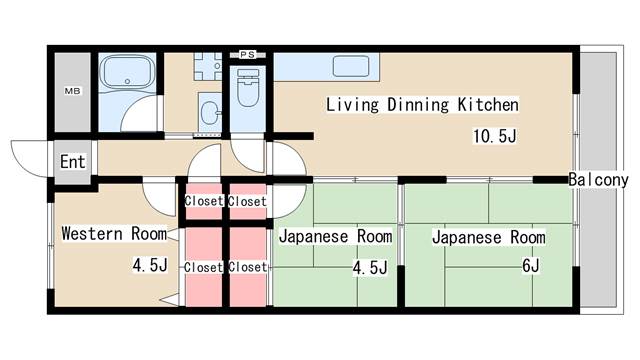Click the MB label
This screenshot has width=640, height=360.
(72, 91)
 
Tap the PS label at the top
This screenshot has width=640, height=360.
(247, 54)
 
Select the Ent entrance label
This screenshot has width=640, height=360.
(73, 162)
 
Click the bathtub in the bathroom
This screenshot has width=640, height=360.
(127, 72)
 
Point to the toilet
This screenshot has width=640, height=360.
(248, 87)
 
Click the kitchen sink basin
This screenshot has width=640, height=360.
(351, 66)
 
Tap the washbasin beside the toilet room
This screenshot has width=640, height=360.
(211, 113)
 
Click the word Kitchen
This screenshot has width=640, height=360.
(488, 104)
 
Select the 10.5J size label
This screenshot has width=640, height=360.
(495, 136)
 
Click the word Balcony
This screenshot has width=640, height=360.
(598, 180)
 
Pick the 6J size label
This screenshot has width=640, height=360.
(531, 266)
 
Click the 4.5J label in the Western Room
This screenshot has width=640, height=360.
(150, 265)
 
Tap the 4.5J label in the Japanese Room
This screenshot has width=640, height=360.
(370, 268)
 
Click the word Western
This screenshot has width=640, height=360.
(92, 233)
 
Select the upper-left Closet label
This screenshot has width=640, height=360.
(204, 201)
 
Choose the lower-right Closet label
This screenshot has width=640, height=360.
(247, 267)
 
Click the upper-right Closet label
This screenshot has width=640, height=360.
(247, 201)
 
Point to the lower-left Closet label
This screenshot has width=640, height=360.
(203, 267)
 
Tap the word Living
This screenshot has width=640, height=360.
(352, 104)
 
